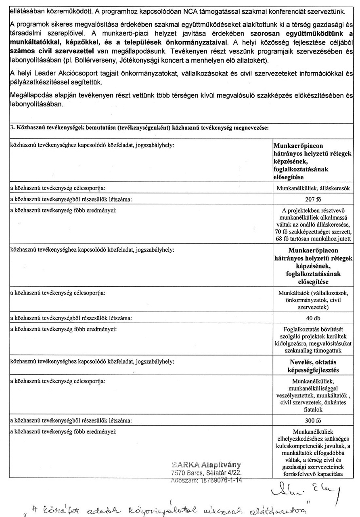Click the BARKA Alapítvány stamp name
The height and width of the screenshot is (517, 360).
tap(206, 464)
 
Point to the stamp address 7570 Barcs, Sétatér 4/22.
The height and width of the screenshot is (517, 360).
tap(206, 473)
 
